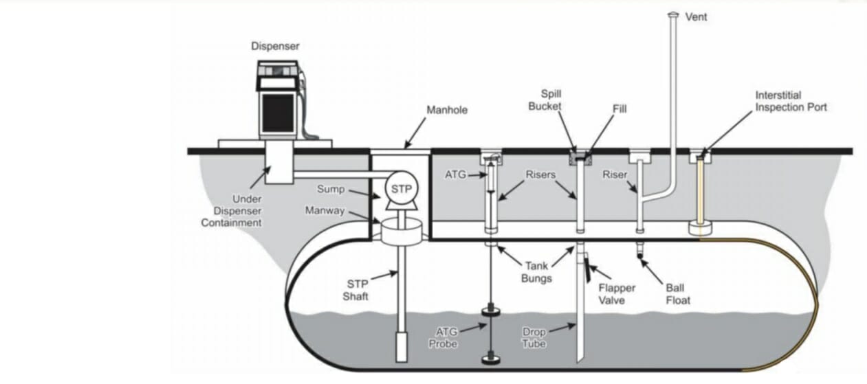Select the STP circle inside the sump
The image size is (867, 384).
click(400, 187)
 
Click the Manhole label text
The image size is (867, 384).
click(447, 109)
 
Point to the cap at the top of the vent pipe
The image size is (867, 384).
click(672, 14)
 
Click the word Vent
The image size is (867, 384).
click(696, 17)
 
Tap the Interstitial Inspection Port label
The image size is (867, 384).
click(791, 102)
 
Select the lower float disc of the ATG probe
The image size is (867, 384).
click(489, 357)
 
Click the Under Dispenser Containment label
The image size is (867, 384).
click(235, 211)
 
